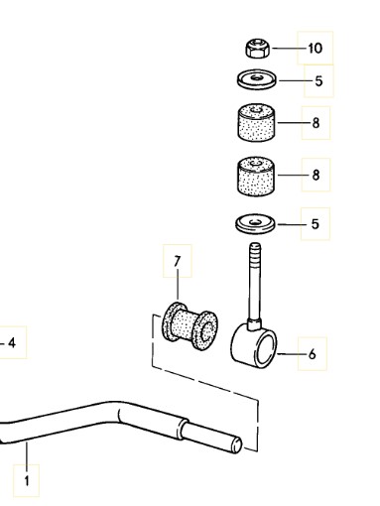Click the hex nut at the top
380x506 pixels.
coord(257,49)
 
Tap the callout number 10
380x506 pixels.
coord(315,49)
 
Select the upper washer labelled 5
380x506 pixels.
coord(257,79)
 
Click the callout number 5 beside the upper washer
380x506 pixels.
coord(318,81)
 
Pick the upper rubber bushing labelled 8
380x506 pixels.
coord(256,123)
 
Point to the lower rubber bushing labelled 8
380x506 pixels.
coord(256,176)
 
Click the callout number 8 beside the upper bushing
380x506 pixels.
coord(316,123)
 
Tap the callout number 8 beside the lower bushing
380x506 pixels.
coord(316,175)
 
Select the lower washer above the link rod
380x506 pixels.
coord(255,224)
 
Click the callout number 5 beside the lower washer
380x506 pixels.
coord(316,224)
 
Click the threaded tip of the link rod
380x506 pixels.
coord(255,252)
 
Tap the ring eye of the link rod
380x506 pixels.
coord(254,345)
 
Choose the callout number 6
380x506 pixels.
coord(312,354)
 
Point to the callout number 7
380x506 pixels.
coord(178,261)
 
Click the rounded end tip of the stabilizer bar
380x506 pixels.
coord(237,444)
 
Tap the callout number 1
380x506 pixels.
coord(27,481)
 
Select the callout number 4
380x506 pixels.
coord(12,343)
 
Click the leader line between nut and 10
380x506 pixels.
coord(289,49)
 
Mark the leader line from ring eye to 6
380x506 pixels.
coord(292,354)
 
